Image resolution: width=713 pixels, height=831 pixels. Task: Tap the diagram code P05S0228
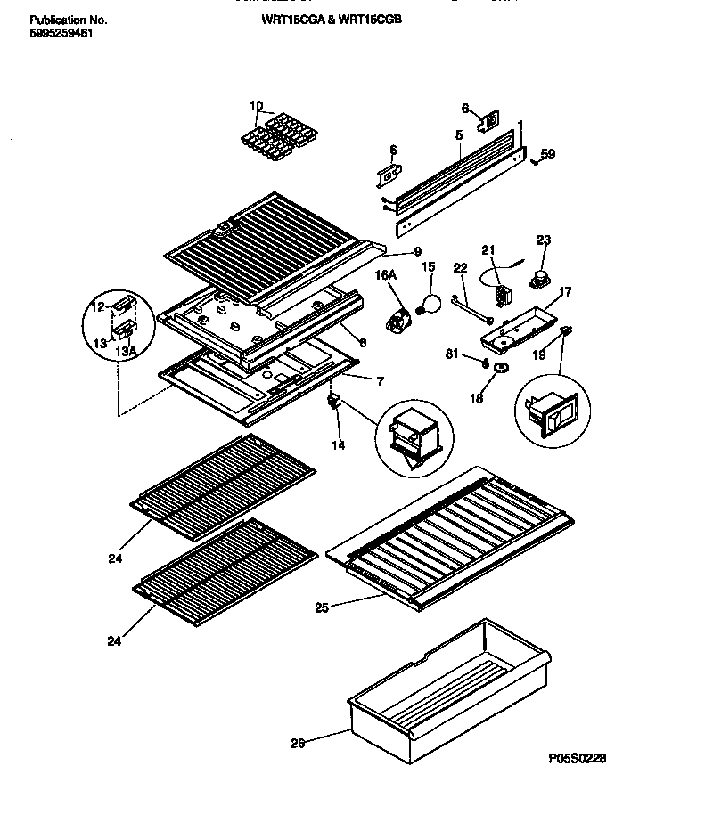(578, 758)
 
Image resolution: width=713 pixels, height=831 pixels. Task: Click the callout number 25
(321, 608)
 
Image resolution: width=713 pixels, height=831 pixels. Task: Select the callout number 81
(452, 354)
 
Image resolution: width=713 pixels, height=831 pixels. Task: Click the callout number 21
(487, 250)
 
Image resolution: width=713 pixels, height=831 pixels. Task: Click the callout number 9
(417, 252)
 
